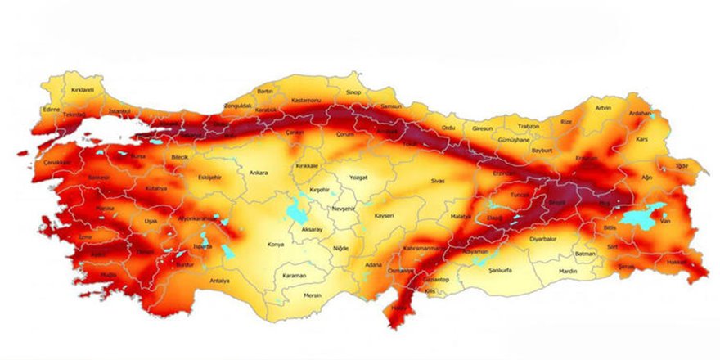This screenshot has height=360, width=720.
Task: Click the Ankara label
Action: click(259, 173)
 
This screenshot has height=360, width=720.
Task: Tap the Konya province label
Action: click(276, 244)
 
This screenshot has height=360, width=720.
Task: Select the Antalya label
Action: click(219, 281)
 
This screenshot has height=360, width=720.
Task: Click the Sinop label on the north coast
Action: click(353, 93)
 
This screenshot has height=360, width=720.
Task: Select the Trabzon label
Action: click(529, 126)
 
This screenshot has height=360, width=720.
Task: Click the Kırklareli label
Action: click(83, 90)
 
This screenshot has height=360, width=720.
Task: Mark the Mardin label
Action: click(568, 270)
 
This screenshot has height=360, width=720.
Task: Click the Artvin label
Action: click(603, 108)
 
